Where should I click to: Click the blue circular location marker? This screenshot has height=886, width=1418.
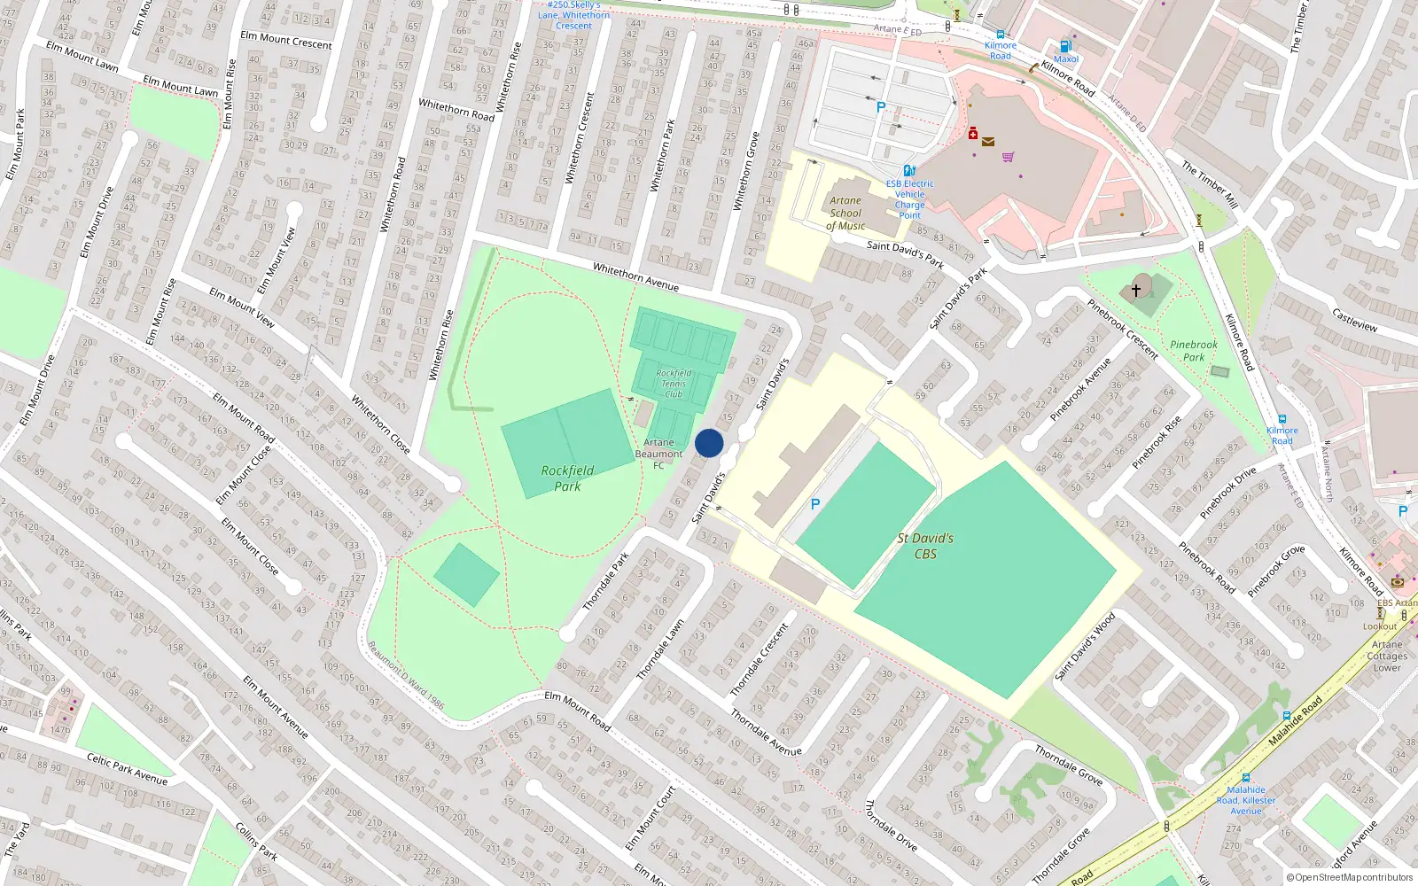(x=709, y=443)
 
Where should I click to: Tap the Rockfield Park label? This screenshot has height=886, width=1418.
(x=567, y=478)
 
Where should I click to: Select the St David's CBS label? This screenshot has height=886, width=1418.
(x=925, y=546)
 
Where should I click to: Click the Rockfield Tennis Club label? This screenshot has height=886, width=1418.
(x=674, y=384)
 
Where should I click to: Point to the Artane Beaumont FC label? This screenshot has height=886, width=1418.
(x=658, y=454)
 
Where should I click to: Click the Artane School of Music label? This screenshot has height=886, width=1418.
(x=845, y=214)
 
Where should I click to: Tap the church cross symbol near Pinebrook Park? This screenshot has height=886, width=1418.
(x=1136, y=290)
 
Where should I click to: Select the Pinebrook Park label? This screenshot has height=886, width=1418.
(x=1194, y=351)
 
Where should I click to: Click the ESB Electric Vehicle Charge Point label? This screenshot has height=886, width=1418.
(x=909, y=199)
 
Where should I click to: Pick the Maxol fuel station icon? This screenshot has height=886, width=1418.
(x=1066, y=46)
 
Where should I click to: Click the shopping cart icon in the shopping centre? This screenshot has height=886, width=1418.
(x=1008, y=157)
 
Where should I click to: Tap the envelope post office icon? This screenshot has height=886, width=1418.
(x=988, y=141)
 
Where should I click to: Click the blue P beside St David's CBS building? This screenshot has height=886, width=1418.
(x=815, y=504)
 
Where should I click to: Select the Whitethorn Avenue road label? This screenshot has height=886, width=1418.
(x=635, y=277)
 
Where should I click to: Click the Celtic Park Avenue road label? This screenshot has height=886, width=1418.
(x=127, y=768)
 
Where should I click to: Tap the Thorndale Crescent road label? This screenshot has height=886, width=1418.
(x=759, y=660)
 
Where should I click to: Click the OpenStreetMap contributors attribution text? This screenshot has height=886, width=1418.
(x=1350, y=877)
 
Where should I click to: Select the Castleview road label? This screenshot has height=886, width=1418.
(x=1354, y=320)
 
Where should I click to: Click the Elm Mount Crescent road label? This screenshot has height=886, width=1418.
(x=286, y=40)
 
